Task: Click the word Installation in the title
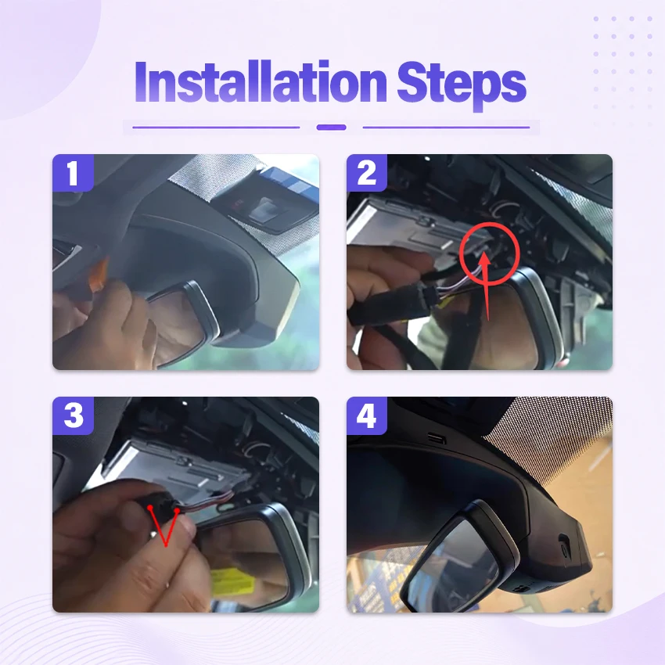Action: (261, 82)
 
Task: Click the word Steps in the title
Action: (462, 84)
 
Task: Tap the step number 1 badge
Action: (73, 173)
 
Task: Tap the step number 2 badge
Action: (367, 173)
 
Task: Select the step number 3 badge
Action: (73, 415)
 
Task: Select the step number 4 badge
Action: (367, 415)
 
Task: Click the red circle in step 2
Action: (461, 254)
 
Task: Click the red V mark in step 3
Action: (164, 526)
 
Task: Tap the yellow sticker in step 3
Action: (232, 582)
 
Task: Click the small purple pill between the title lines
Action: (331, 128)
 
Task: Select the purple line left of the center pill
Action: (216, 128)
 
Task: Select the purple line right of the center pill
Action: (446, 128)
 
